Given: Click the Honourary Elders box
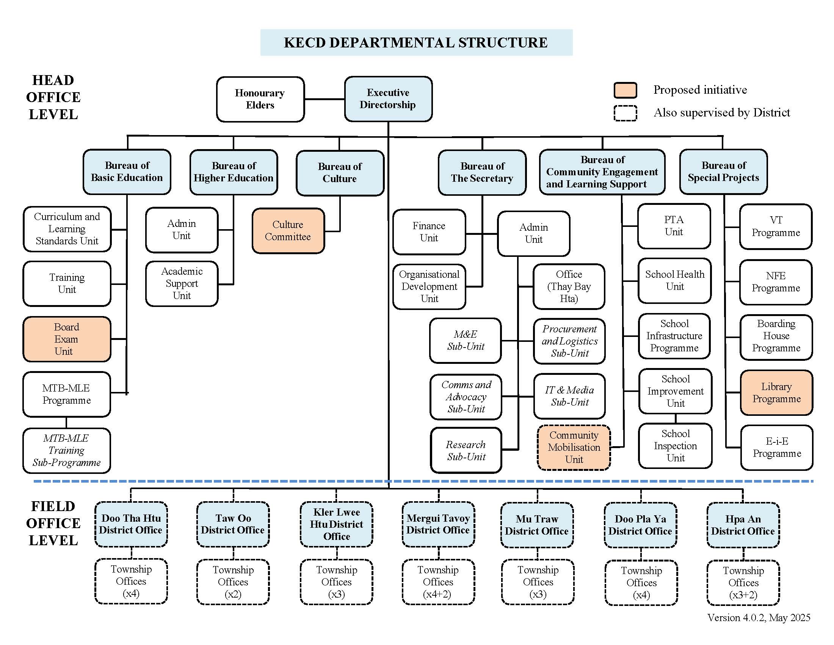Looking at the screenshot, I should [260, 99].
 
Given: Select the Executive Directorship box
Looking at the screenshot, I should [388, 99].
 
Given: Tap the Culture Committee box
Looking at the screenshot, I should [288, 231].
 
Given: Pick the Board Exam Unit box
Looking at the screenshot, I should [67, 339].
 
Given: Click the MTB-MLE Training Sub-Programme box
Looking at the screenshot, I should [66, 450].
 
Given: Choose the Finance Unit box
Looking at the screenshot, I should [429, 232].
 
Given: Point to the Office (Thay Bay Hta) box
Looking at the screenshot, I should [569, 286].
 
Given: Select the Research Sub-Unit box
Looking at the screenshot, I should [466, 450].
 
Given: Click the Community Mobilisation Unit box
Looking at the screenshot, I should [574, 447].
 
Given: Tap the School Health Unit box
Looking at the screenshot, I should [674, 280].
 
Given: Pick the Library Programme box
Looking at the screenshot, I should [776, 392].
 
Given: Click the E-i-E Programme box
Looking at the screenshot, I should [777, 447].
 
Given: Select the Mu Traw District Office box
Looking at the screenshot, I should [537, 525].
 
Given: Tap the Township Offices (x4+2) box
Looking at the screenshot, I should [438, 582].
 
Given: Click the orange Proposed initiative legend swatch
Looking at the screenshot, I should [625, 90].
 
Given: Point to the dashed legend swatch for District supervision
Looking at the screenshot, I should [625, 113].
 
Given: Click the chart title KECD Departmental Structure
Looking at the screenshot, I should [416, 42].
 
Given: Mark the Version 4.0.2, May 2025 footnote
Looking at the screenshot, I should [759, 618].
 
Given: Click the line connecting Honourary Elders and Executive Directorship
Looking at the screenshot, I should [325, 99].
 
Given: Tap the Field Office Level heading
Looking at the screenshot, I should [53, 523].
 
